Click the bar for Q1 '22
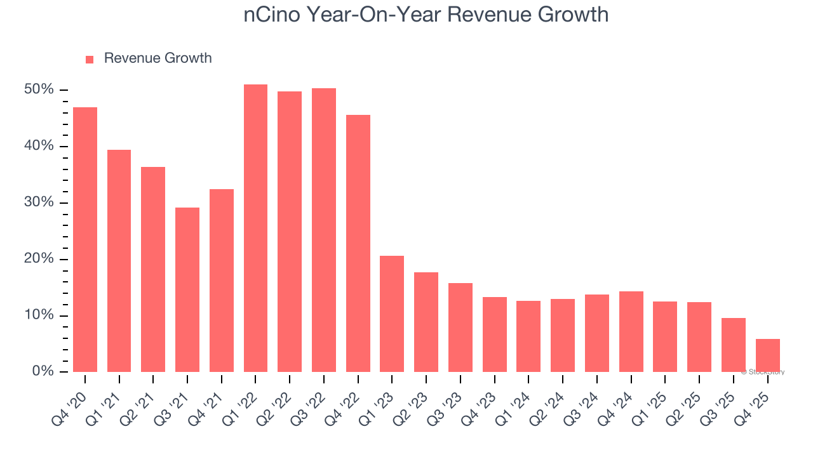(255, 228)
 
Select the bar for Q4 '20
(85, 239)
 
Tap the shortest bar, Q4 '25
(767, 355)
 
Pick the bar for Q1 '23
(392, 314)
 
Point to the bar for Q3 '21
(187, 289)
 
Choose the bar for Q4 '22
(358, 243)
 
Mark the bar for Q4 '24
(631, 331)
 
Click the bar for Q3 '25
(733, 345)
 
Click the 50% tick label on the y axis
(39, 89)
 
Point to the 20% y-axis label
(39, 259)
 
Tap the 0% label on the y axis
(43, 371)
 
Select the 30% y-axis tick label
(39, 202)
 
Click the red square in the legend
(90, 59)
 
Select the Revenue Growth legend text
(158, 58)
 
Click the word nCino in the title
(272, 15)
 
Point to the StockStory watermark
(763, 372)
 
